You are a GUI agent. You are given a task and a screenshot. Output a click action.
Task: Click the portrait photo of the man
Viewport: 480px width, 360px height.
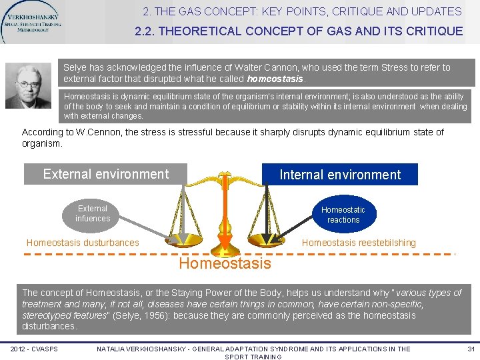point(28,86)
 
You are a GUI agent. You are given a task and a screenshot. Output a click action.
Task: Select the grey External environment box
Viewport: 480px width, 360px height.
point(106,174)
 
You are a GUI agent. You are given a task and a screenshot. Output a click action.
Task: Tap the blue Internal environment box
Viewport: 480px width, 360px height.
point(340,175)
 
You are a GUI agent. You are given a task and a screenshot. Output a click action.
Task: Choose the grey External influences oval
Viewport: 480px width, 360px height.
point(93,213)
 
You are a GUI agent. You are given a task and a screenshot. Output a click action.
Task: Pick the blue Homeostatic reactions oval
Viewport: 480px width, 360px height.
point(343,214)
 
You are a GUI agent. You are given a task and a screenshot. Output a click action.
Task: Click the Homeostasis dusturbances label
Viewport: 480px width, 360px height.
point(83,243)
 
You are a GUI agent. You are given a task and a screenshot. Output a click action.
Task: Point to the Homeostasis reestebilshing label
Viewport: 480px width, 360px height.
point(359,243)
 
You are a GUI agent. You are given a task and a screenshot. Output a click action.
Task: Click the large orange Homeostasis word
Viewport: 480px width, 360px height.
point(225,263)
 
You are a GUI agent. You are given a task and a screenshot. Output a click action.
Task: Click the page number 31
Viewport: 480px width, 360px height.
point(471,349)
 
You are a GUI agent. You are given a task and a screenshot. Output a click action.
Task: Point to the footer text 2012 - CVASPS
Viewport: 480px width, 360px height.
point(34,349)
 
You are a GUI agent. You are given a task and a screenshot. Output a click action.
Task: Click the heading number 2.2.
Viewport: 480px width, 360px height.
point(145,31)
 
